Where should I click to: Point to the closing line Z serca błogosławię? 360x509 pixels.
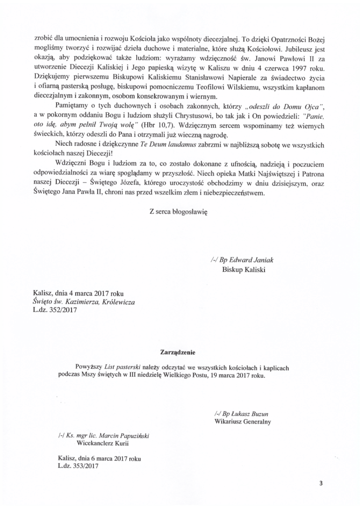(178, 210)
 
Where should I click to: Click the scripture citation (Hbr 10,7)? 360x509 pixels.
(158, 126)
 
